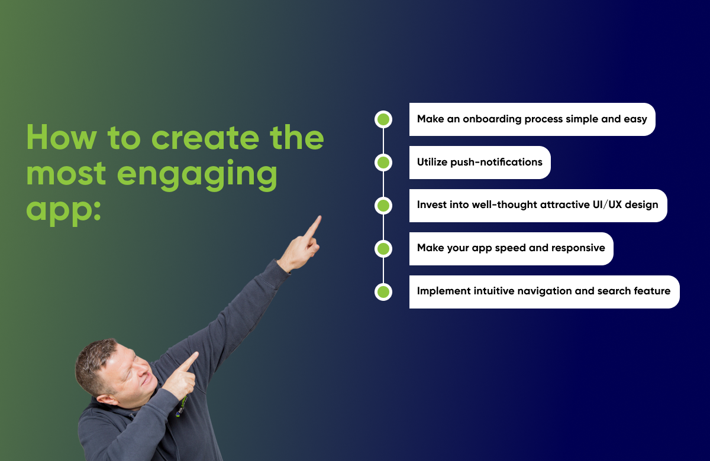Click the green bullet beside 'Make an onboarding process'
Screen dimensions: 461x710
pyautogui.click(x=383, y=119)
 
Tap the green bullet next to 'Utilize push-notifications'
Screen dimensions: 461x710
pyautogui.click(x=383, y=163)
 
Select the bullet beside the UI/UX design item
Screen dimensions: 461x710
pyautogui.click(x=383, y=206)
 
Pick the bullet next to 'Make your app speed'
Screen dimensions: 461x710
pyautogui.click(x=383, y=249)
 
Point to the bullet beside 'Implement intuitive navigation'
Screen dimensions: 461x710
pyautogui.click(x=383, y=292)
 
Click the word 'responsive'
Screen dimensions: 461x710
pyautogui.click(x=578, y=248)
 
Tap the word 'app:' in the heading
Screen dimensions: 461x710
pyautogui.click(x=63, y=210)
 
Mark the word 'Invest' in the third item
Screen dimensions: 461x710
pyautogui.click(x=432, y=205)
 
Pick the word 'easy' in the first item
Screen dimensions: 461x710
pyautogui.click(x=635, y=119)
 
